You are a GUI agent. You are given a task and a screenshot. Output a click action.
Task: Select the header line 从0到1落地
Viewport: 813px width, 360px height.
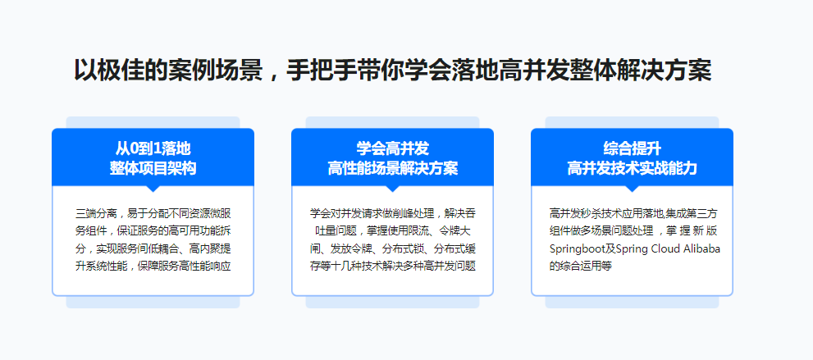point(153,149)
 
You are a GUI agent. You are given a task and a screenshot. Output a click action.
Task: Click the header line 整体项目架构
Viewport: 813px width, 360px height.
point(153,168)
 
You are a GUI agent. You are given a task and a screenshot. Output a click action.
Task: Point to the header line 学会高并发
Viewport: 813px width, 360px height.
point(392,149)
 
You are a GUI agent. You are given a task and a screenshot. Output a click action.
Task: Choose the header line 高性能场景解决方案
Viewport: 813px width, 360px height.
point(392,168)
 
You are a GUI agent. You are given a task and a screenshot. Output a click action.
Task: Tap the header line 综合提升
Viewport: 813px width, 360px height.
point(632,149)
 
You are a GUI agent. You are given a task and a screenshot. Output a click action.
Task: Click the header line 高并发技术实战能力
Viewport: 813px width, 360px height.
point(632,168)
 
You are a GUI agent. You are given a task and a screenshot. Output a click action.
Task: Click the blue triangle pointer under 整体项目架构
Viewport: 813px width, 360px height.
point(153,188)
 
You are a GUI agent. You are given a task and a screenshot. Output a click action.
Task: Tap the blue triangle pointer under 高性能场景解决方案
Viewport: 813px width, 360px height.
point(392,188)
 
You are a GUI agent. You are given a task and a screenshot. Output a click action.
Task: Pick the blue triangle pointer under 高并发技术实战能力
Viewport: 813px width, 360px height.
point(632,188)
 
